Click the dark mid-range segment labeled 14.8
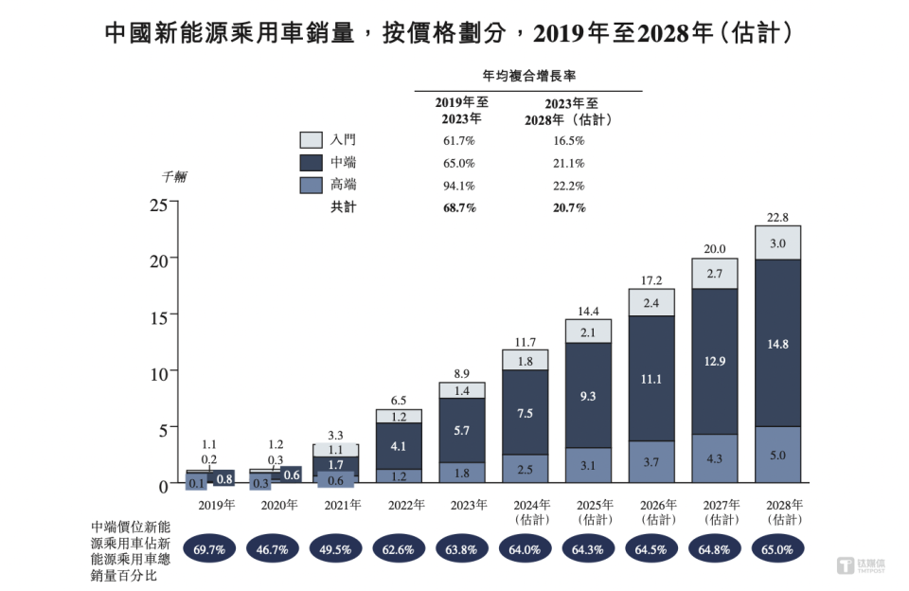pyautogui.click(x=777, y=343)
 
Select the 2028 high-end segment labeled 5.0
pyautogui.click(x=777, y=456)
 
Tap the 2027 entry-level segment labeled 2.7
pyautogui.click(x=715, y=273)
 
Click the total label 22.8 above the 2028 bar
pyautogui.click(x=777, y=217)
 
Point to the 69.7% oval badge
pyautogui.click(x=210, y=547)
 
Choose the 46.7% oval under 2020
pyautogui.click(x=273, y=547)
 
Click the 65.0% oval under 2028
pyautogui.click(x=777, y=547)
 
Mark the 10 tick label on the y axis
pyautogui.click(x=158, y=372)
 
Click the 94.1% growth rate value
pyautogui.click(x=458, y=186)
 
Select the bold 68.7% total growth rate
pyautogui.click(x=458, y=207)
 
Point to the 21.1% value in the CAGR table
pyautogui.click(x=568, y=163)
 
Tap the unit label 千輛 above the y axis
pyautogui.click(x=173, y=177)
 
